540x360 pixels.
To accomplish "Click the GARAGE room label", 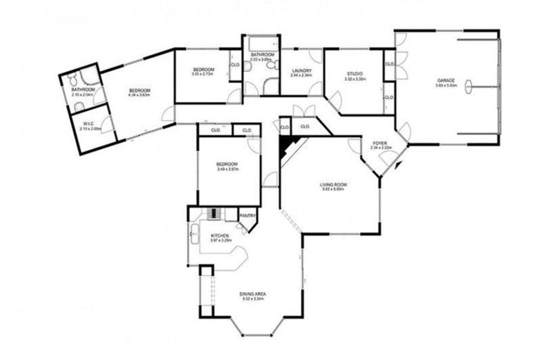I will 446,81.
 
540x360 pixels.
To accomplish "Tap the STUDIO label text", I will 353,74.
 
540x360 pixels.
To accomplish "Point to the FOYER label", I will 380,143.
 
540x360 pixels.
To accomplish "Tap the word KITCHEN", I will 219,236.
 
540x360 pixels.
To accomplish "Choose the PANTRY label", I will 247,216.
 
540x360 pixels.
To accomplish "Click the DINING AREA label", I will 252,294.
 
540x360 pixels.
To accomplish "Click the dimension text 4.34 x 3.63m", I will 139,96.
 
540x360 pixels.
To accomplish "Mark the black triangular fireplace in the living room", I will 287,146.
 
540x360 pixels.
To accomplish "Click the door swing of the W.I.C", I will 106,125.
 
